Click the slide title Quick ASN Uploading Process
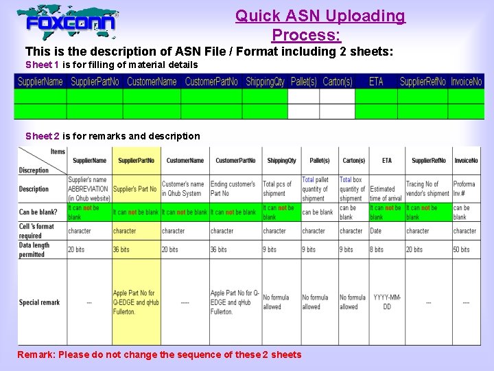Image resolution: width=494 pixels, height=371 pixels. coord(320,25)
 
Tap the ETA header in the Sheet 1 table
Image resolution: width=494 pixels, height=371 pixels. coord(376,81)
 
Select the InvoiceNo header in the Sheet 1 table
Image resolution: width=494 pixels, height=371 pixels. coord(466,81)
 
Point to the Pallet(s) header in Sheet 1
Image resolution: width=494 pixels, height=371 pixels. coord(304,81)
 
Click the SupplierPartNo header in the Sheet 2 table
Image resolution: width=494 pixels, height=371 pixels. coord(136,161)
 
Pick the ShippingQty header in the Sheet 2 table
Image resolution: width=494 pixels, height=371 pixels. coord(281,161)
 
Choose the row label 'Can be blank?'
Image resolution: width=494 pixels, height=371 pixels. coord(38,212)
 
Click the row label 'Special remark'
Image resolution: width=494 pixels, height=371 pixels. coord(40,302)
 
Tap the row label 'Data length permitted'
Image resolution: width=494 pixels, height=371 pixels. coord(34,249)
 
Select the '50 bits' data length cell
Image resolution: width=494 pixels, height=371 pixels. coord(461,249)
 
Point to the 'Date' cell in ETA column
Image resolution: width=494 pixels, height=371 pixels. coord(376,231)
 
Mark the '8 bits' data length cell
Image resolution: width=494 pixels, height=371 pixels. coord(377,249)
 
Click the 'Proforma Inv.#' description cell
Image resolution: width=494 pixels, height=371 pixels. coord(464,189)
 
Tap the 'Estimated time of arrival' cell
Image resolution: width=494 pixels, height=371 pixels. coord(386,193)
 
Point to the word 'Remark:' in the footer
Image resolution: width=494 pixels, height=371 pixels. coord(36,355)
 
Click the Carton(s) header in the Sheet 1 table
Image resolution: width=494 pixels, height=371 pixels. coord(338,81)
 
